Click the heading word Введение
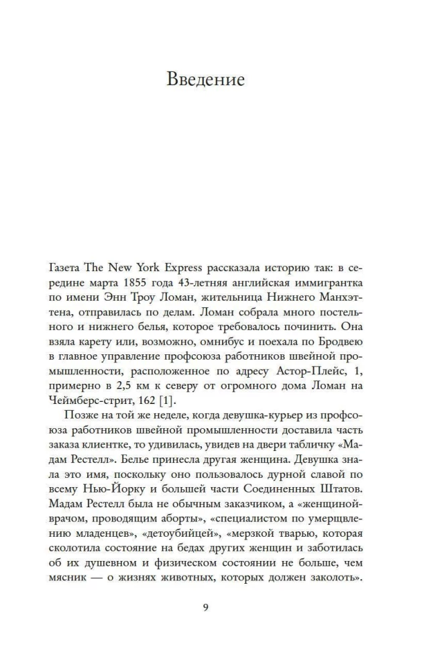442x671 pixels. pyautogui.click(x=206, y=81)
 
